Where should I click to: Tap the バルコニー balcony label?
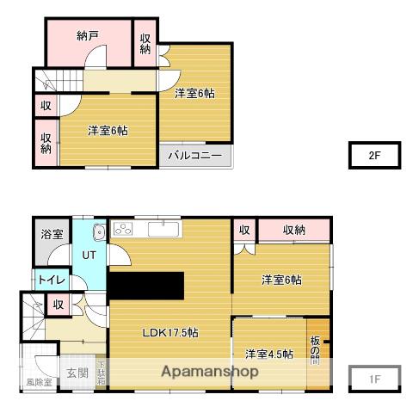click(194, 156)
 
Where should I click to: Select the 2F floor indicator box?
click(374, 156)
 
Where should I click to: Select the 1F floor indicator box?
click(374, 378)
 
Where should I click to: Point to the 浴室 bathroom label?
click(52, 234)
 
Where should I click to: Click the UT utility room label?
click(89, 255)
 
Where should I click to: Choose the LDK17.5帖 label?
click(170, 333)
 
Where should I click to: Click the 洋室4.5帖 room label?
click(268, 354)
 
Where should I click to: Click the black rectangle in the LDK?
click(146, 285)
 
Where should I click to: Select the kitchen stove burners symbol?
click(123, 229)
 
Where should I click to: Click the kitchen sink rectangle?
click(162, 228)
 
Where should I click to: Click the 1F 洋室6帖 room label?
click(281, 280)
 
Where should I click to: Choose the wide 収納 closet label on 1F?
click(293, 230)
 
